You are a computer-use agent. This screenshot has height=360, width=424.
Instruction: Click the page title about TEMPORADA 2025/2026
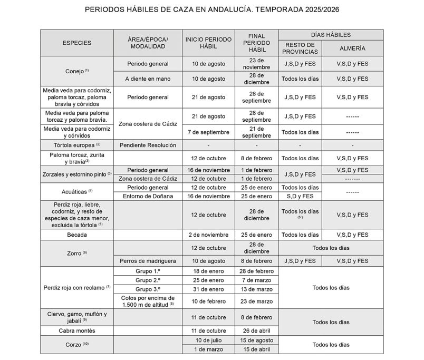click(x=212, y=10)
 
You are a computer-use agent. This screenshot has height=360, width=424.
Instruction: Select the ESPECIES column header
click(x=77, y=43)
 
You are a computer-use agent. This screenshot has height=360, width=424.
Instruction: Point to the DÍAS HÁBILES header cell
click(x=331, y=34)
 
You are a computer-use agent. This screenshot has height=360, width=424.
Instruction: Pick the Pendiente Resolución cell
click(x=148, y=145)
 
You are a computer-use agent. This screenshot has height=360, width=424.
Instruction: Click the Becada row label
click(x=77, y=235)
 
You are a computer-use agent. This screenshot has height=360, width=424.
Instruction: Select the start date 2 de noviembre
click(x=208, y=235)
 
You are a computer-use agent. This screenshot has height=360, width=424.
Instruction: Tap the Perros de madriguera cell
click(x=148, y=260)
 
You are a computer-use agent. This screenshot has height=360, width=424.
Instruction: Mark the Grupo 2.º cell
click(x=148, y=280)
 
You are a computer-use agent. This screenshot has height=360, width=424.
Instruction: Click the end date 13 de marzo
click(x=256, y=289)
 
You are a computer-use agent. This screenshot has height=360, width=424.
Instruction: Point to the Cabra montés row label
click(x=77, y=330)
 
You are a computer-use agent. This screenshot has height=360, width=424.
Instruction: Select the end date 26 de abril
click(x=256, y=330)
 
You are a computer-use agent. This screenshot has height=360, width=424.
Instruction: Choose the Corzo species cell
click(x=77, y=344)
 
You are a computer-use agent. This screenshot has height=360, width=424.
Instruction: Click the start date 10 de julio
click(x=208, y=340)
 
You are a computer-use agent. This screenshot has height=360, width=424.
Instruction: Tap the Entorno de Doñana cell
click(x=148, y=196)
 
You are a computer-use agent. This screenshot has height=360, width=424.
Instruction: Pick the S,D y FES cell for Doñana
click(x=300, y=196)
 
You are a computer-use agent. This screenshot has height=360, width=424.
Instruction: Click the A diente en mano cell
click(x=148, y=79)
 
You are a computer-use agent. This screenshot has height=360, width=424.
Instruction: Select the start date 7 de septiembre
click(x=208, y=132)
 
